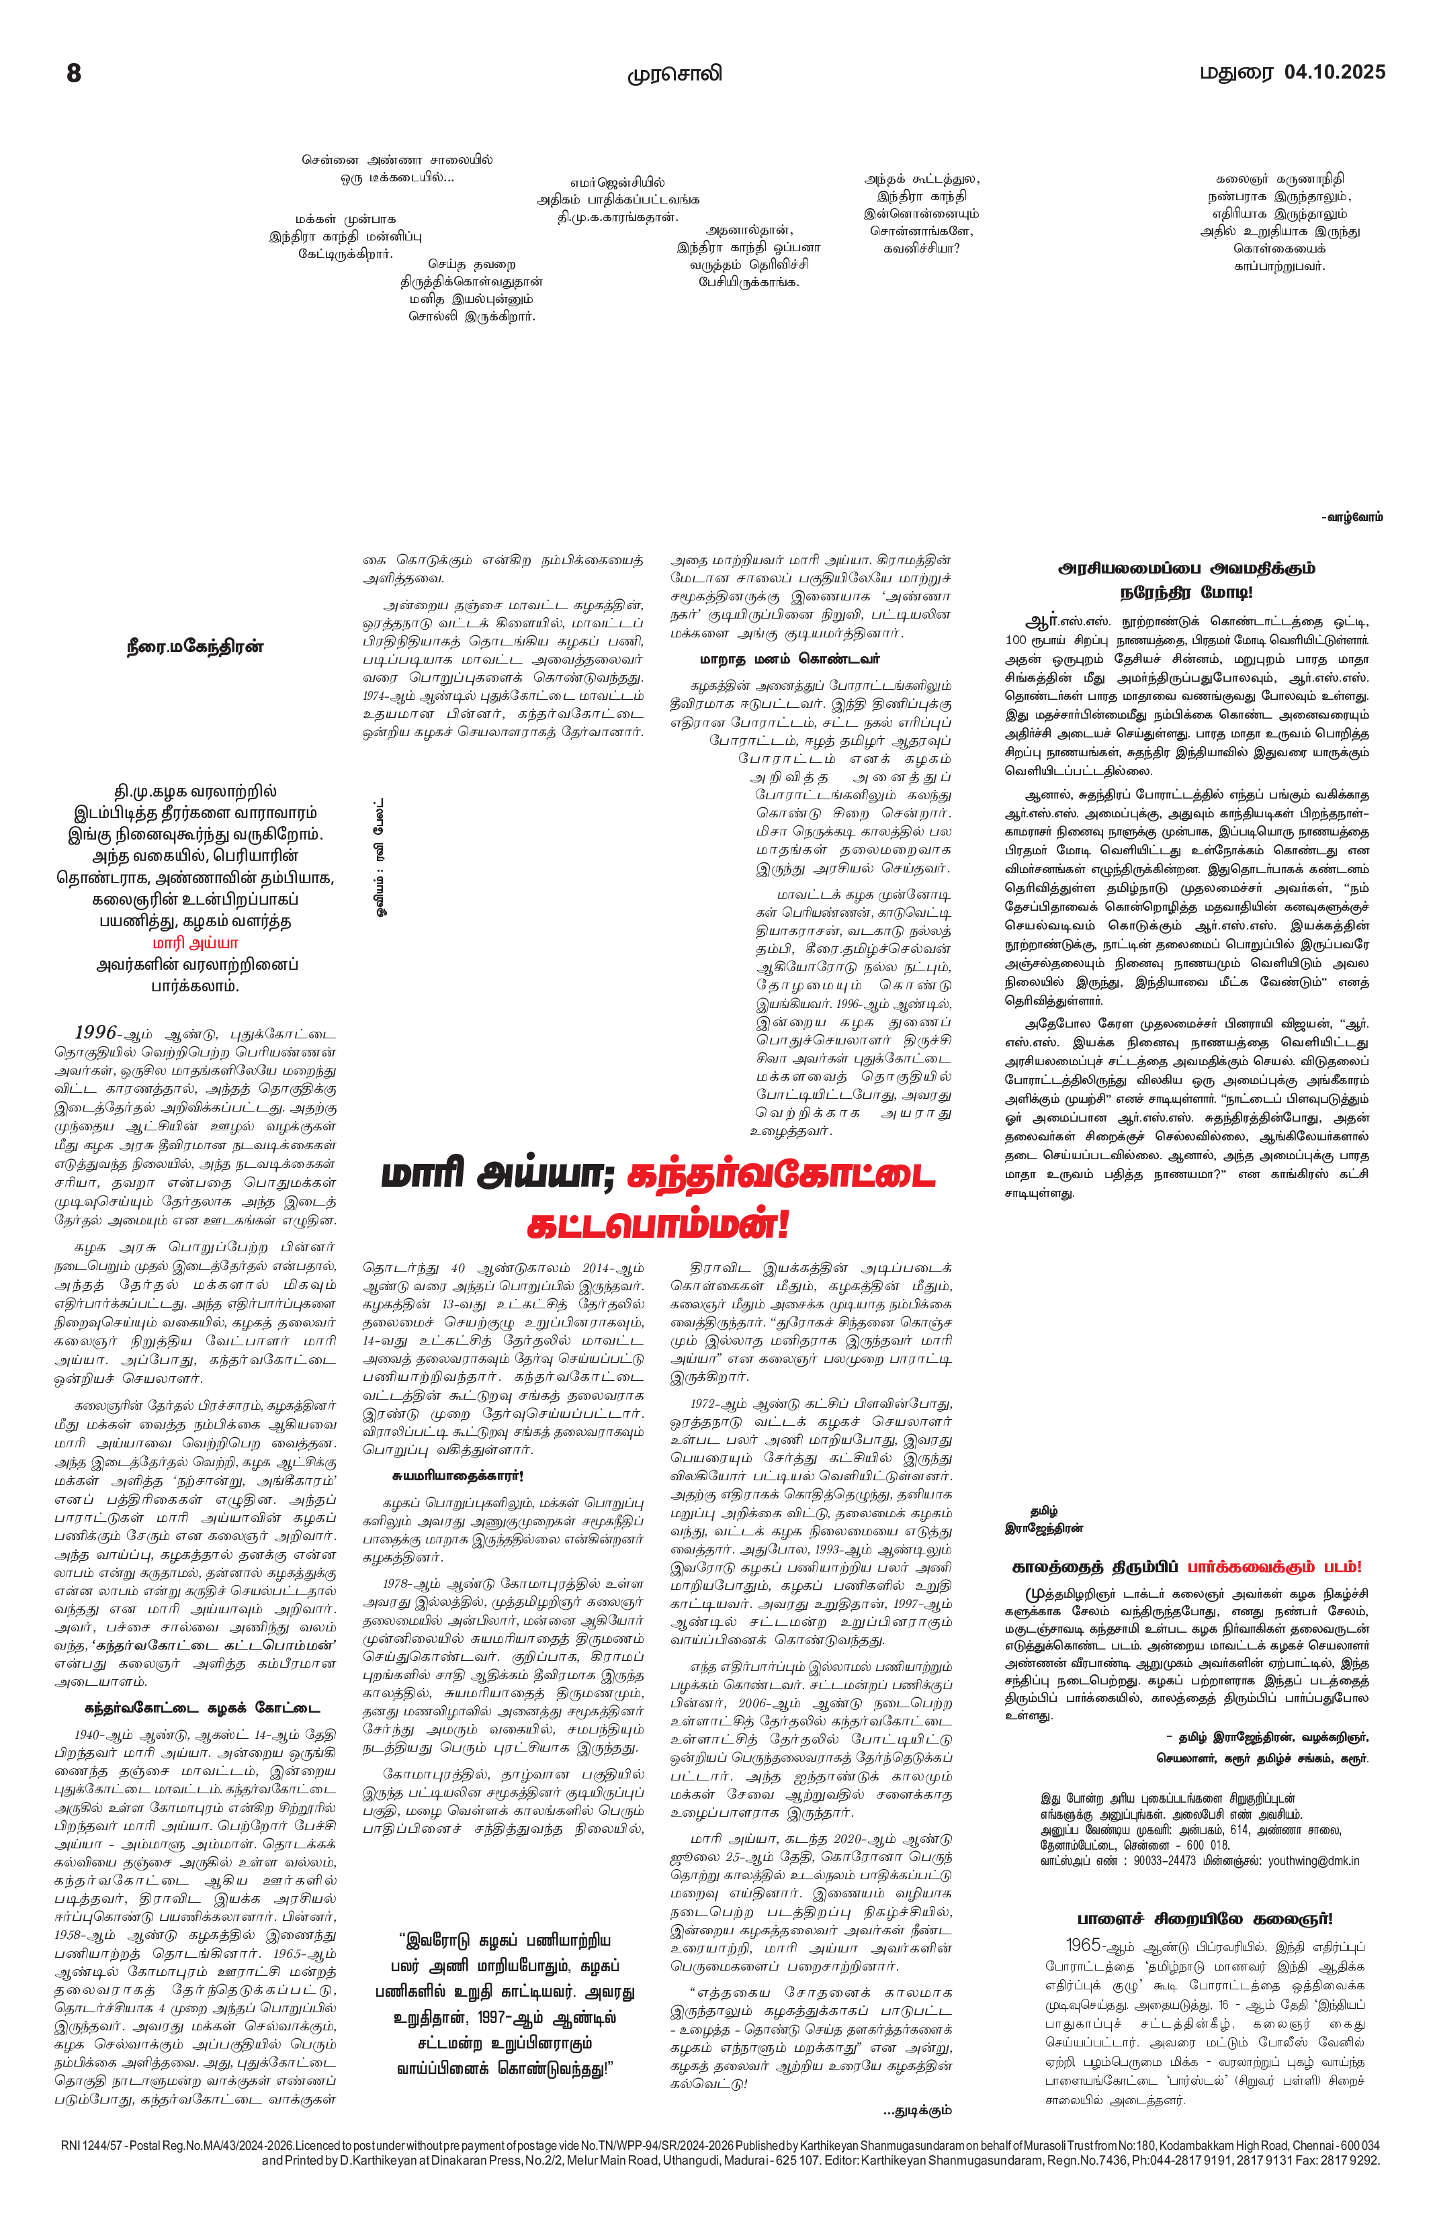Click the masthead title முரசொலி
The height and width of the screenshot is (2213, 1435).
(x=675, y=75)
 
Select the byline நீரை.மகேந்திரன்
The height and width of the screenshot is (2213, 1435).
(x=195, y=647)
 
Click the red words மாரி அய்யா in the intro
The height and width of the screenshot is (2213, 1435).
(x=195, y=943)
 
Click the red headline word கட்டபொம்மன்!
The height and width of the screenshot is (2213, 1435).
(x=658, y=1224)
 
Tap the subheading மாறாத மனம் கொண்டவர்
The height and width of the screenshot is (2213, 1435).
(x=789, y=660)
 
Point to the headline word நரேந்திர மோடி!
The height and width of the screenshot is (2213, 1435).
(x=1186, y=593)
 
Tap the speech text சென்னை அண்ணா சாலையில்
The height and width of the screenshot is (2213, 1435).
(x=397, y=160)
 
